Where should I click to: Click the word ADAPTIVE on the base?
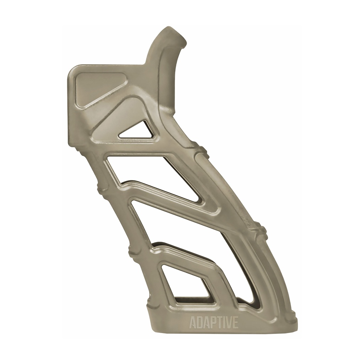pos(214,323)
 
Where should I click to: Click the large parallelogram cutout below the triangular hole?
pos(156,174)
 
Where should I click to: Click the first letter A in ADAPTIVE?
pos(192,323)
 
